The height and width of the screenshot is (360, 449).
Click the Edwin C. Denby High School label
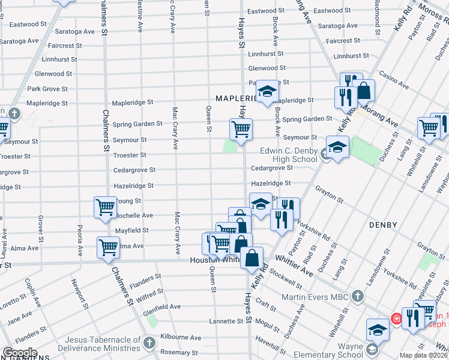289,155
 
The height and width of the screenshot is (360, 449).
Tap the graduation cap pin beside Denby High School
337,147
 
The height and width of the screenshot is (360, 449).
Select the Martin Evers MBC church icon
358,295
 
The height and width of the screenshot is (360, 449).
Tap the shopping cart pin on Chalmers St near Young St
105,207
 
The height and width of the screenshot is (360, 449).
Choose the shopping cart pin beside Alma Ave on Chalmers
108,247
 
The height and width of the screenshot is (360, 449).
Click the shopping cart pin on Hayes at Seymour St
241,129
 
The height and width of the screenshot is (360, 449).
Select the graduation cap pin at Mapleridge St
268,91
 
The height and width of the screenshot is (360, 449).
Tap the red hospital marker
396,318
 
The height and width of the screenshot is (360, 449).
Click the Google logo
19,353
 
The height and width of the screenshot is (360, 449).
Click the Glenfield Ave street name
162,307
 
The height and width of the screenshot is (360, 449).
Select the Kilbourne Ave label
180,338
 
